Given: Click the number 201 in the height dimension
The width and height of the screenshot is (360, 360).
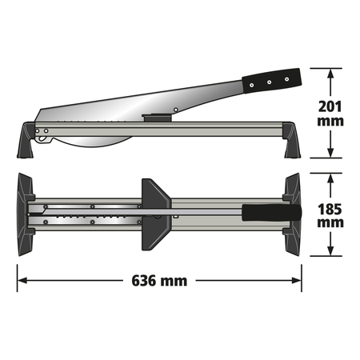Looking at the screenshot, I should [330, 106].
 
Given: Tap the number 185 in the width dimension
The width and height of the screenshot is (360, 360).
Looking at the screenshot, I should [330, 209].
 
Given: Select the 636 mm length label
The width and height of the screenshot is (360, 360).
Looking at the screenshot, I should [159, 281].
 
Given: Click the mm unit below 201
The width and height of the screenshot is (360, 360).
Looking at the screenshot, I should [330, 122].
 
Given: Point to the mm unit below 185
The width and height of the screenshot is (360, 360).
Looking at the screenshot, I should [330, 226].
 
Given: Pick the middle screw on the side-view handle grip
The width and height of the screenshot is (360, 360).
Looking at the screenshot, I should [269, 80].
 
